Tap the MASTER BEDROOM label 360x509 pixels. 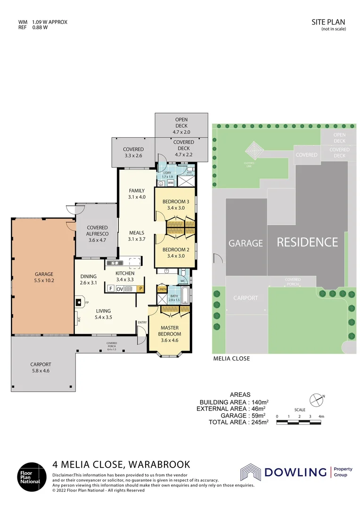pos(170,331)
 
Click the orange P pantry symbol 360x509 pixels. pos(140,288)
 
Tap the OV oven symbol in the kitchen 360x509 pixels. pos(120,288)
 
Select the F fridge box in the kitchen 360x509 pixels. pos(111,288)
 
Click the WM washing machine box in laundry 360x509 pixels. pos(171,182)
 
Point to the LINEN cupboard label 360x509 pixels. pos(162,289)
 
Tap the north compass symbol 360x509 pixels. pos(318,399)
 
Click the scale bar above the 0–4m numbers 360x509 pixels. pos(299,422)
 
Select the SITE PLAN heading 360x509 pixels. pos(328,22)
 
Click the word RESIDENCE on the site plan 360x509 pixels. pos(307,242)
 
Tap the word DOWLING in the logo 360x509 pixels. pos(295,472)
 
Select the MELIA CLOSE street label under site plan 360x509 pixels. pos(231,359)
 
